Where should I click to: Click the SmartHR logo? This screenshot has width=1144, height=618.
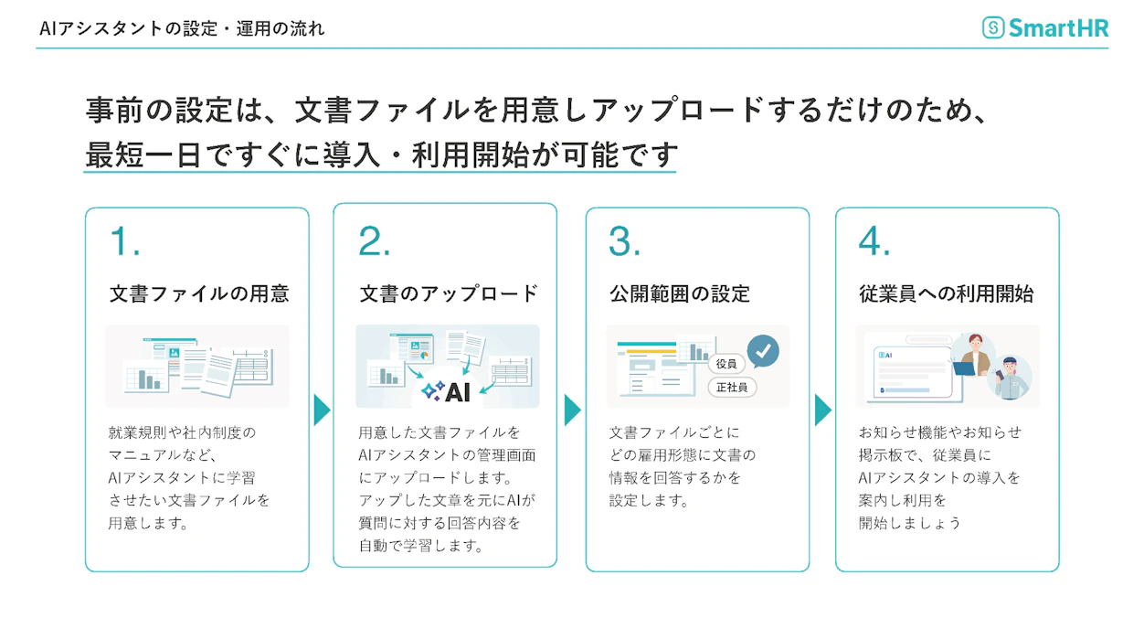(1045, 27)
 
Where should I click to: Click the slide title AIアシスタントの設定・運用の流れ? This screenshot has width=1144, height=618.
(182, 28)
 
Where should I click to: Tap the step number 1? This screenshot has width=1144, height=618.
(124, 242)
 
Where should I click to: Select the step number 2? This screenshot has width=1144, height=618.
(375, 242)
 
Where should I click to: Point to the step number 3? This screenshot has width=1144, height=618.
(624, 242)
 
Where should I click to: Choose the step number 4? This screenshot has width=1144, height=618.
(874, 242)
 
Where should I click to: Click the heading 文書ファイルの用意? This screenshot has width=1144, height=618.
(199, 293)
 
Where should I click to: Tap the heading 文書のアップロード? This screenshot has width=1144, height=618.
(449, 293)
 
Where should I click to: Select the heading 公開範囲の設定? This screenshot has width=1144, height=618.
(680, 293)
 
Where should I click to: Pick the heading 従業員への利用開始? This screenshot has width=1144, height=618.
(947, 293)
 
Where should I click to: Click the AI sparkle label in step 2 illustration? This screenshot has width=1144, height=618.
(447, 391)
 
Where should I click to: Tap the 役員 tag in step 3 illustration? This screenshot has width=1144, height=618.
(726, 363)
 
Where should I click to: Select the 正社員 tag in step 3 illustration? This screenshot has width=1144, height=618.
(732, 388)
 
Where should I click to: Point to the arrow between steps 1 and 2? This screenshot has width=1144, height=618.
(322, 410)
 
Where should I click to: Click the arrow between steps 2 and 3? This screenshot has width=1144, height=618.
(572, 410)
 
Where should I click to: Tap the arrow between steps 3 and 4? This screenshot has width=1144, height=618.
(822, 410)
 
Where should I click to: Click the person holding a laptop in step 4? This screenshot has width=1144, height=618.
(973, 355)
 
